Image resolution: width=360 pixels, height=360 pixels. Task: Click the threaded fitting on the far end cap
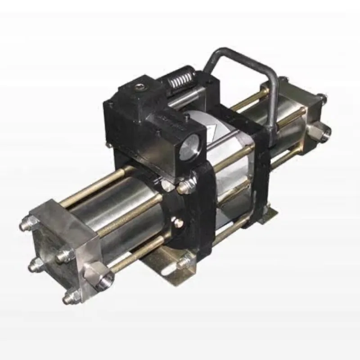pos(324,130)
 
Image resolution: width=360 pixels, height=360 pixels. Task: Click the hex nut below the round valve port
pos(186,186)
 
